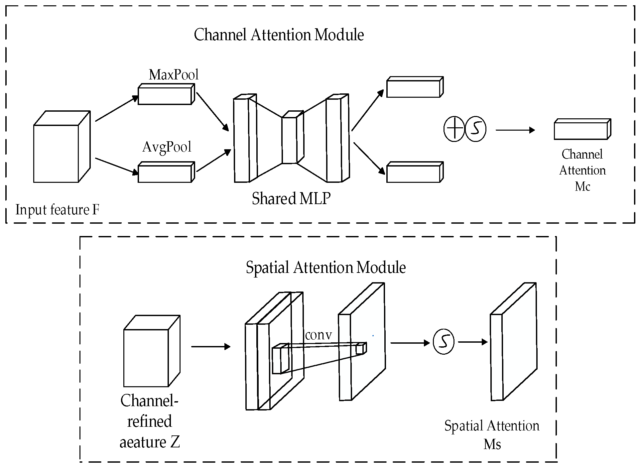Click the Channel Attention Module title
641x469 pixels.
279,35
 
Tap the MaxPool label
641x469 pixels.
174,75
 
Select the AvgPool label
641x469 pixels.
167,147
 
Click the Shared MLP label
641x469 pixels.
291,198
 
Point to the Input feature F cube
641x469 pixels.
62,147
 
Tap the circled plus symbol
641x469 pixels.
454,129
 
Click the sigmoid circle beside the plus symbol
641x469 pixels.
475,129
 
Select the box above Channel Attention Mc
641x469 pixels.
582,129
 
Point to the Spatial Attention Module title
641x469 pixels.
326,268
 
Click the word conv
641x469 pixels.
319,335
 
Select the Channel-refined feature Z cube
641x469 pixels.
152,351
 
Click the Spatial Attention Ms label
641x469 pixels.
492,435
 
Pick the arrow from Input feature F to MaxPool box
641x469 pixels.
117,108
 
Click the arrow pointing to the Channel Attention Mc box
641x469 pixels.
515,130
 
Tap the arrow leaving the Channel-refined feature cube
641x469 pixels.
211,347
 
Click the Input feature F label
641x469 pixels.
58,210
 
